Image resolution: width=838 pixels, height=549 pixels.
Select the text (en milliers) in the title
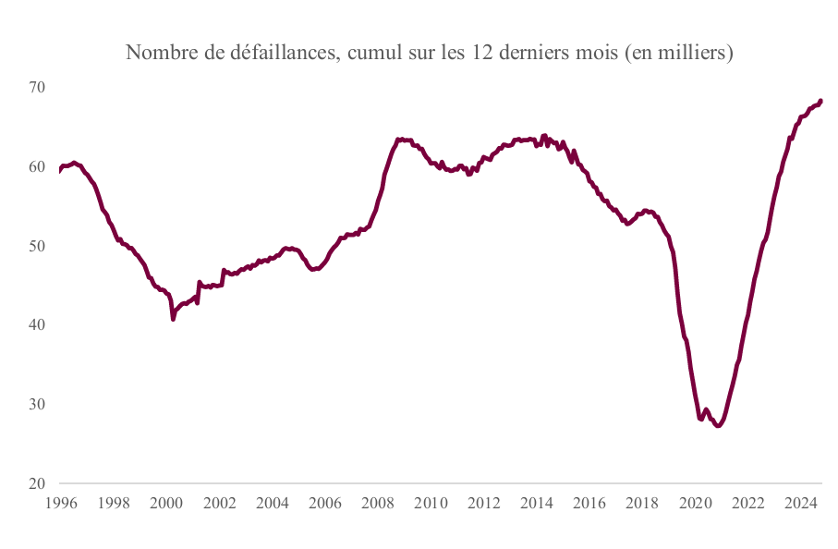click(x=679, y=54)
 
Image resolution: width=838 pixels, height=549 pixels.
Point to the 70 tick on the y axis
click(x=36, y=87)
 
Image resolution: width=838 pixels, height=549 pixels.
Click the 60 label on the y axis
click(x=36, y=166)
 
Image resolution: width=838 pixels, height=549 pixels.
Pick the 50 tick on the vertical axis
click(x=36, y=246)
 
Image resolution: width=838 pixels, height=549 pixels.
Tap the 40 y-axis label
click(x=36, y=325)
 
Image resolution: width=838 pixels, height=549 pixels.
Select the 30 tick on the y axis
click(x=36, y=405)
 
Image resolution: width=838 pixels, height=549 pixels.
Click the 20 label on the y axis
click(x=36, y=483)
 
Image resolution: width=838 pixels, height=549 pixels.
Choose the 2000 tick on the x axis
click(x=165, y=504)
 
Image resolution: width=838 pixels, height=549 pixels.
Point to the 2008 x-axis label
click(x=378, y=504)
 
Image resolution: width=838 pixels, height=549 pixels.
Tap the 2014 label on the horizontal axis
click(x=537, y=504)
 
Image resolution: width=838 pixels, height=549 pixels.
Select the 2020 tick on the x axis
click(x=696, y=504)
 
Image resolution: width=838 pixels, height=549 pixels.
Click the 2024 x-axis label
click(x=802, y=504)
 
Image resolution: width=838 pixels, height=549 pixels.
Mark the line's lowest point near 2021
click(x=718, y=426)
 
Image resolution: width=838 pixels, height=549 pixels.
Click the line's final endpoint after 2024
click(x=820, y=101)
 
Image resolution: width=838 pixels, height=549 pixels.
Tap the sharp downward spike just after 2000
click(x=173, y=319)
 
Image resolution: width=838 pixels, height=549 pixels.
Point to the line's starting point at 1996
click(x=59, y=170)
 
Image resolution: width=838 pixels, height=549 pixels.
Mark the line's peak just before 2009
click(x=398, y=140)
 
